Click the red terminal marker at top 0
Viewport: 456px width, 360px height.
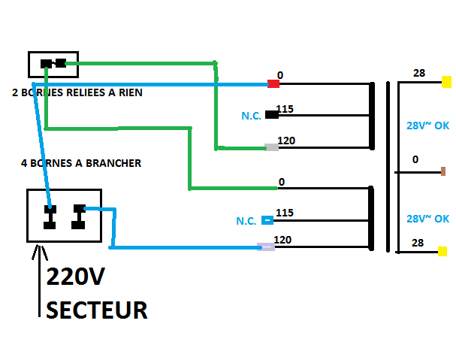[273, 83]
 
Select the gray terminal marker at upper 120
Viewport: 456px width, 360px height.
[272, 147]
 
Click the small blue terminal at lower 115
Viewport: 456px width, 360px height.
[267, 220]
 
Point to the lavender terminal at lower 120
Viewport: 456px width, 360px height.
[266, 247]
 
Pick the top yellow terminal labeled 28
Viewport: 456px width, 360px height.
[445, 82]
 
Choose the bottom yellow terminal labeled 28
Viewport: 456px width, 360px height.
[443, 251]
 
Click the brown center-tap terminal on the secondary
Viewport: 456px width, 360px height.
[443, 171]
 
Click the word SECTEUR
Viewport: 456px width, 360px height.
[97, 310]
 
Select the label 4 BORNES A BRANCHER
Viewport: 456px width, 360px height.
[81, 162]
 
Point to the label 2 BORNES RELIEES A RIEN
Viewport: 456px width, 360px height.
[77, 93]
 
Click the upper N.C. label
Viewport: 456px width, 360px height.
[251, 116]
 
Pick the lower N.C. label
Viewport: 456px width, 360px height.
[246, 222]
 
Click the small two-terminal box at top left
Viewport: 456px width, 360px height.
[53, 64]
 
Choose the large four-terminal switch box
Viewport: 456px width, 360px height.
[64, 216]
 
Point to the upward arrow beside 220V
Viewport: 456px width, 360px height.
[37, 278]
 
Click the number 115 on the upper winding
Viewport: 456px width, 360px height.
[285, 109]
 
